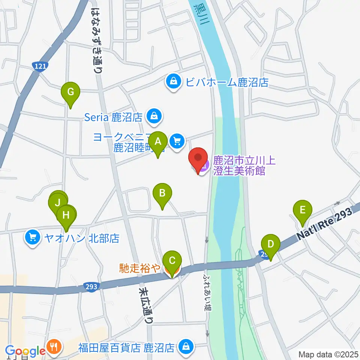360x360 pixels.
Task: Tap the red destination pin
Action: pos(198,160)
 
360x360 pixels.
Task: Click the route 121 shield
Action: pos(40,66)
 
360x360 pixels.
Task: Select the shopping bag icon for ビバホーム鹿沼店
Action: pos(174,82)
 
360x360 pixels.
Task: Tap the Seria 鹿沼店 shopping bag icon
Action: pos(154,117)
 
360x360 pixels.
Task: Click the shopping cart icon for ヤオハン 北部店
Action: pos(33,238)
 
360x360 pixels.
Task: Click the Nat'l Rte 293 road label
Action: pos(325,224)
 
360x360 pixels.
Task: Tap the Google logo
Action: pos(25,351)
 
